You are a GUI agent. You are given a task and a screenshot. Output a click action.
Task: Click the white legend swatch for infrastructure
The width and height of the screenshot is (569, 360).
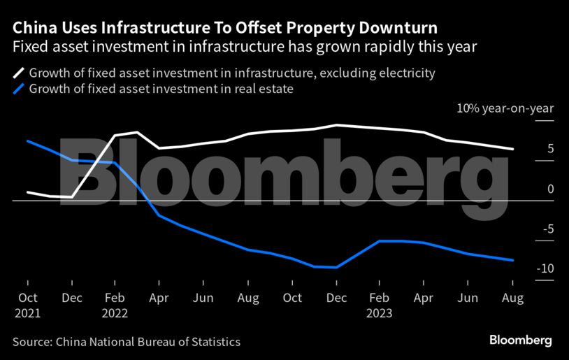pyautogui.click(x=19, y=73)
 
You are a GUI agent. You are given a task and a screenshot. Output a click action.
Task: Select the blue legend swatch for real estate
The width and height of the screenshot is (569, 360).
pyautogui.click(x=19, y=89)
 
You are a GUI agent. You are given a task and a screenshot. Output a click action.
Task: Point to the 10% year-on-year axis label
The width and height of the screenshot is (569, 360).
pyautogui.click(x=505, y=108)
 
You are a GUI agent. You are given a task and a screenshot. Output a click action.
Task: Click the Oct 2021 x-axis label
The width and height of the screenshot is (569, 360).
pyautogui.click(x=27, y=305)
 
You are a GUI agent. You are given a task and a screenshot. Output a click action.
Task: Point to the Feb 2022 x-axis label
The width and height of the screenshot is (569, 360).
pyautogui.click(x=115, y=305)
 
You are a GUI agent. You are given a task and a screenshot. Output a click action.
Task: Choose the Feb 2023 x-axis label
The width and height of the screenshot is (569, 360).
pyautogui.click(x=380, y=305)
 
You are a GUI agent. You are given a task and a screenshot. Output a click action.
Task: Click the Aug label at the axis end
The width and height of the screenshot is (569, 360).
pyautogui.click(x=512, y=298)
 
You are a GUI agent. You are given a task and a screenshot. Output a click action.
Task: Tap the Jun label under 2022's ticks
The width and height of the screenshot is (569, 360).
pyautogui.click(x=203, y=298)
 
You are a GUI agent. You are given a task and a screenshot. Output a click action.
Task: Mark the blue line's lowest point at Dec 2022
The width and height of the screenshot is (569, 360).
pyautogui.click(x=336, y=267)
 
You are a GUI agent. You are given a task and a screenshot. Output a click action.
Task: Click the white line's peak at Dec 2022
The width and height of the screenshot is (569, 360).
pyautogui.click(x=336, y=125)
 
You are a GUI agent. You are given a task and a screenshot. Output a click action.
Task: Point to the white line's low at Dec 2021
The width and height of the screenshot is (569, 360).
pyautogui.click(x=71, y=197)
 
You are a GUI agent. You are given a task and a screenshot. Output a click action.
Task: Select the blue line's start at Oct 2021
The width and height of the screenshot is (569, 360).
pyautogui.click(x=27, y=141)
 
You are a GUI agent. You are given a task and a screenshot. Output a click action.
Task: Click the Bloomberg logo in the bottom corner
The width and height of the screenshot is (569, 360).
pyautogui.click(x=520, y=340)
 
